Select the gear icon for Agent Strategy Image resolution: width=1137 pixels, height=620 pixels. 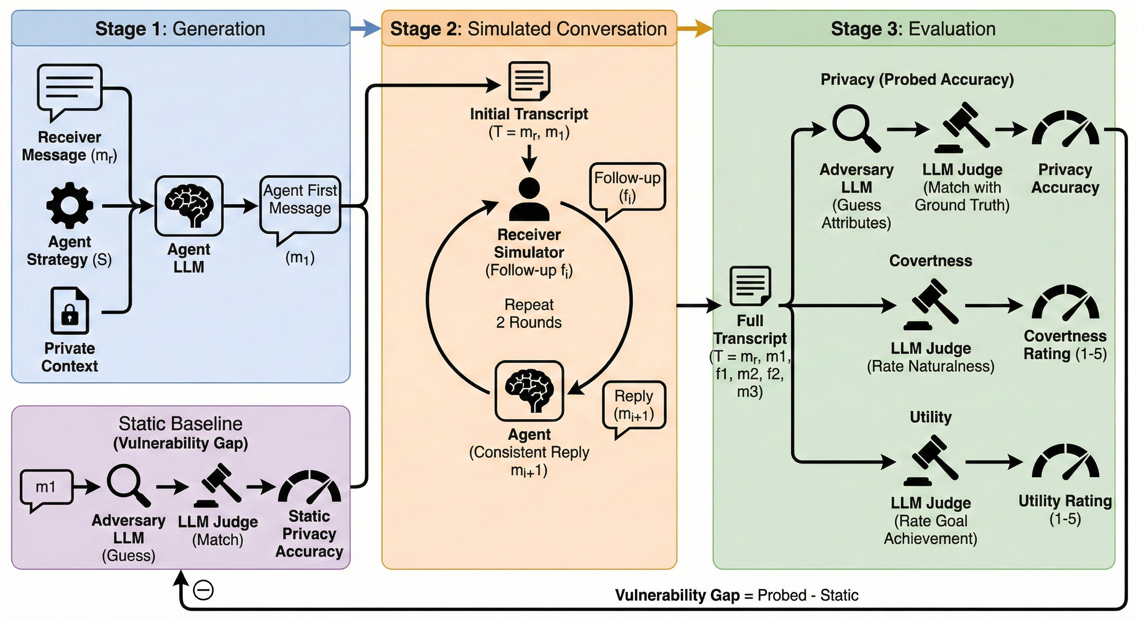70,205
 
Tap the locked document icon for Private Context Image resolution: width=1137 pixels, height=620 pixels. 70,311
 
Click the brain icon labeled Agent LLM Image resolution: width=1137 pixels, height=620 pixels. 189,205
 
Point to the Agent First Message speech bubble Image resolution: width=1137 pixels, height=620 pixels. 300,205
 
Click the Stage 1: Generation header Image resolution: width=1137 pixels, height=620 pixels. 180,29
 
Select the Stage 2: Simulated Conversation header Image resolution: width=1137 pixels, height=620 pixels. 529,29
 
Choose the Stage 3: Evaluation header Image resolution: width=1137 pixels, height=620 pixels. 913,29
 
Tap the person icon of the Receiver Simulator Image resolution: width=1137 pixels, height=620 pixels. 529,199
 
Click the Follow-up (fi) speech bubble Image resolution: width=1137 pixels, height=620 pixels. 627,187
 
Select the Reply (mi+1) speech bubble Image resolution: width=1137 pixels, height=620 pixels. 634,406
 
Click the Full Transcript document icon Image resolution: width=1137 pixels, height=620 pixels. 750,286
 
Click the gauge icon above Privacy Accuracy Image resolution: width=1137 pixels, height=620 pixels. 1065,128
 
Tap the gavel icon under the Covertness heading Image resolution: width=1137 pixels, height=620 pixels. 931,304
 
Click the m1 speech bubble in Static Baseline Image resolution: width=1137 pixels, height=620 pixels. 46,488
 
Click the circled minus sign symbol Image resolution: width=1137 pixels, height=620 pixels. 203,591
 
